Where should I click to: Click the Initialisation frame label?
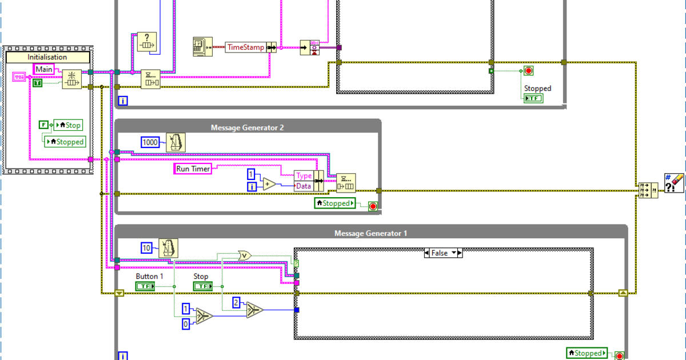click(47, 57)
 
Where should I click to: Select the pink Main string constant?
click(44, 69)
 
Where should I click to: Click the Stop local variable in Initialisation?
click(68, 125)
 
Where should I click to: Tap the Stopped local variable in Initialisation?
click(65, 142)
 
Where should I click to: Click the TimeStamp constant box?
click(246, 47)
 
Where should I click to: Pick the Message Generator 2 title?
click(248, 127)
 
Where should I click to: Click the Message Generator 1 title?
click(370, 233)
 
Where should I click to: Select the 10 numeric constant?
click(147, 247)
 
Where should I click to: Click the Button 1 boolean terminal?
click(145, 286)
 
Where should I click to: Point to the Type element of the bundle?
click(304, 176)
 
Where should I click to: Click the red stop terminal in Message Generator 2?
click(373, 206)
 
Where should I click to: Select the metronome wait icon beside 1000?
click(176, 142)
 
